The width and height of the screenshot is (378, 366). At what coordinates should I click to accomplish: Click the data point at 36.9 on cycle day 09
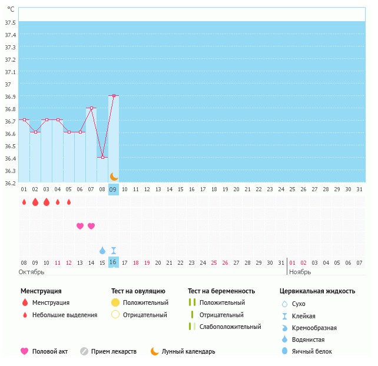tap(114, 95)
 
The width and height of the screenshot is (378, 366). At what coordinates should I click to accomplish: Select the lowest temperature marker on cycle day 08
tap(102, 157)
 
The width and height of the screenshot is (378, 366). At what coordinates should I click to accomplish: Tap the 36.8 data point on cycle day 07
tap(91, 108)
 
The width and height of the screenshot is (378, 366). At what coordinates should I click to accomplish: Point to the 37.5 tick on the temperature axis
tap(9, 22)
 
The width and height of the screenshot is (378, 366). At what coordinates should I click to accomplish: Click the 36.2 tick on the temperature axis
tap(9, 183)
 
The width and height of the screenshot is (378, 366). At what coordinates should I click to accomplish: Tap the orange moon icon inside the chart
tap(114, 177)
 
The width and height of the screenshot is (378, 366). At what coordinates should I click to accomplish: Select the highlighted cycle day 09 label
tap(113, 189)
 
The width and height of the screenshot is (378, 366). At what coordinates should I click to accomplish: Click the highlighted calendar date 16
tap(113, 262)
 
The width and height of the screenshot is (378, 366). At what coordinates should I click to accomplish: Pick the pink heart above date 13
tap(80, 226)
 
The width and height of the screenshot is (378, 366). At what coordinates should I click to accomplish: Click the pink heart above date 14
tap(91, 226)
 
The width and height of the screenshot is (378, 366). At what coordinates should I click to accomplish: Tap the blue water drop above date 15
tap(102, 250)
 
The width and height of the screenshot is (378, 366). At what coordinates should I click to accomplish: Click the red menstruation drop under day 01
tap(24, 202)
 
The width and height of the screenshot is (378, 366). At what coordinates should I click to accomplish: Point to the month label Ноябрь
tap(301, 273)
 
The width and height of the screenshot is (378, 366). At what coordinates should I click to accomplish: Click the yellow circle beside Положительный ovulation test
tap(115, 302)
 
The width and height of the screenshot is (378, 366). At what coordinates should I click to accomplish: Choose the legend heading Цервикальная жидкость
tap(317, 291)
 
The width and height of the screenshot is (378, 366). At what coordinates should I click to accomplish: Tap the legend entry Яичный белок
tap(316, 352)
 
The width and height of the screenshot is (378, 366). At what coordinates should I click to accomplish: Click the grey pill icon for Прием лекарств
tap(84, 351)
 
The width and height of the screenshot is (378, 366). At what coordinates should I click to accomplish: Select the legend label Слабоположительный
tap(230, 327)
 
